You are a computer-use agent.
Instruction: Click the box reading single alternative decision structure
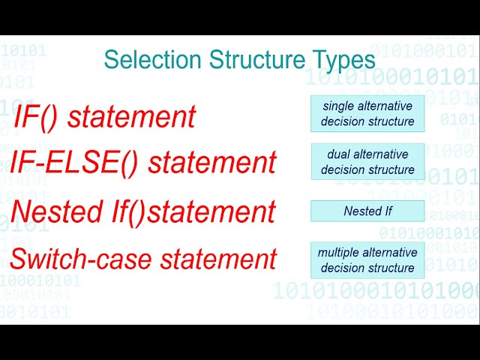(367, 113)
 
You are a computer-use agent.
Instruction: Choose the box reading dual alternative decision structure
(367, 162)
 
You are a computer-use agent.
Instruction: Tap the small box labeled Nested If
(367, 211)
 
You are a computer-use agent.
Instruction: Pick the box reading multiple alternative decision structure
(367, 259)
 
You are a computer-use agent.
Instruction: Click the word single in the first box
(337, 106)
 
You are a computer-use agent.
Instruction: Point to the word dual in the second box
(339, 154)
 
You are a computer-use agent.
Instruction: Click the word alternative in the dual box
(382, 154)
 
